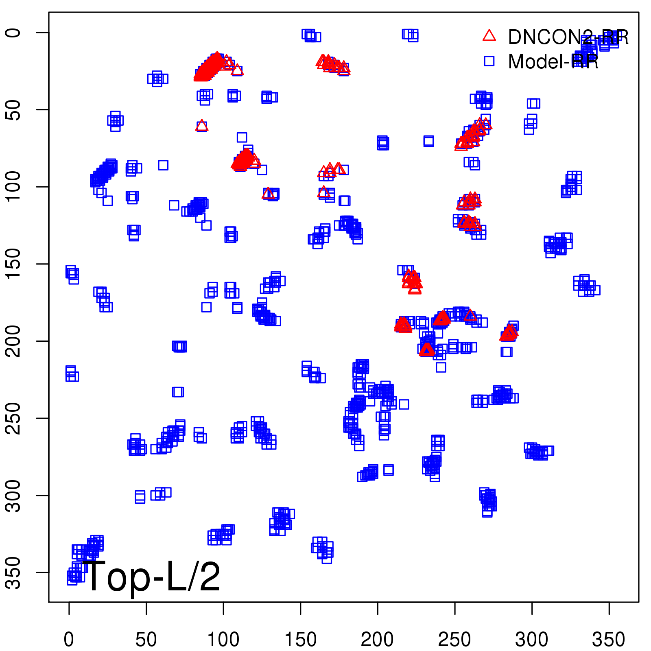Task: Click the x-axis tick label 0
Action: [69, 639]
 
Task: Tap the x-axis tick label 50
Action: [146, 639]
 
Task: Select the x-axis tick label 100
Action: [223, 639]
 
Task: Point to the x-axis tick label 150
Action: [300, 639]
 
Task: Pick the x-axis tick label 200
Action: [377, 639]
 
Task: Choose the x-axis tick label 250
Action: [454, 639]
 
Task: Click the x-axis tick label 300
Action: [531, 639]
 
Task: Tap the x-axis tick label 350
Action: [609, 639]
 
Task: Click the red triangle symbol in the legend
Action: [489, 36]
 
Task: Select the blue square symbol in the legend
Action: [489, 61]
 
